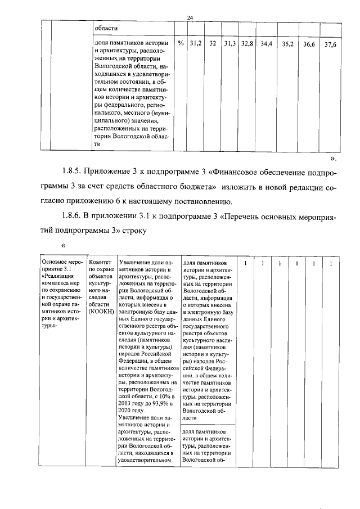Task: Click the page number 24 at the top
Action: (190, 18)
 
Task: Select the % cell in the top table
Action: (181, 43)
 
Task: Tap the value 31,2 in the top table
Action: (195, 43)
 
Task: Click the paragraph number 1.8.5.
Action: (74, 172)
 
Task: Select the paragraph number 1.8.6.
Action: (74, 215)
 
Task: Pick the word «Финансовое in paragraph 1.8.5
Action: (240, 172)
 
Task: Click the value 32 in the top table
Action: (213, 43)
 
